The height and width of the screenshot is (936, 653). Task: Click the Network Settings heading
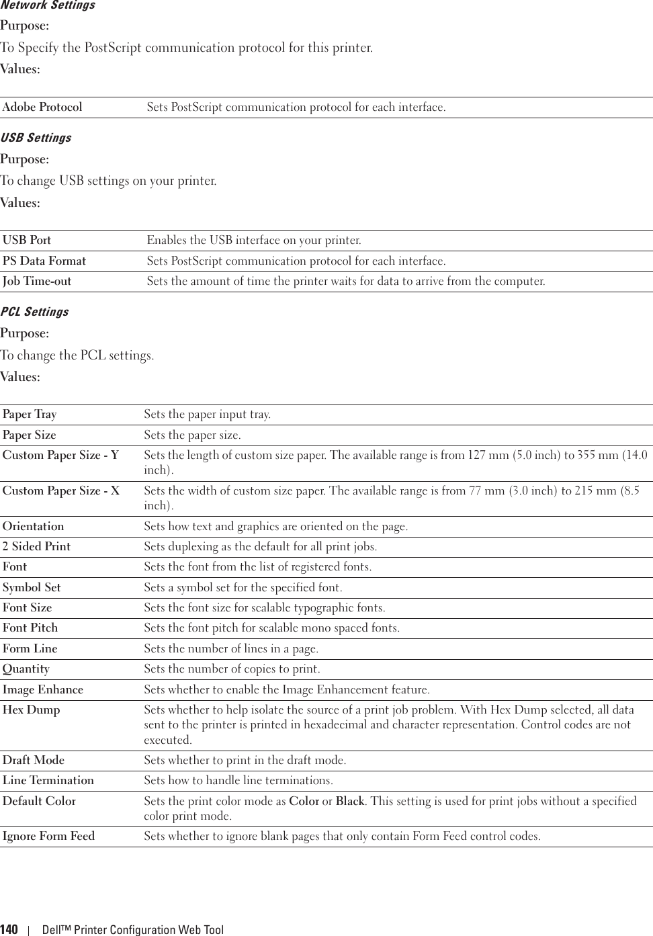pos(47,5)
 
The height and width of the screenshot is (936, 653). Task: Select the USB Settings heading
pos(36,138)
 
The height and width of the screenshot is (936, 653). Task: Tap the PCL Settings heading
pos(34,312)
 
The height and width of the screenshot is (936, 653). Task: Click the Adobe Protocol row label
pos(42,108)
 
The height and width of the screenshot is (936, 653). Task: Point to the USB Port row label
pos(27,241)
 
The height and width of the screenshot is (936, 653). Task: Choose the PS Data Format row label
pos(44,261)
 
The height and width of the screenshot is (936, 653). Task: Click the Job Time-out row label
pos(37,282)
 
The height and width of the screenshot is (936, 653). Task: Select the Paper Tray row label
pos(30,415)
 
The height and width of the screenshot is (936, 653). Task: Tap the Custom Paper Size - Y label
pos(60,456)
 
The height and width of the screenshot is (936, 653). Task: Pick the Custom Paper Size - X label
pos(61,491)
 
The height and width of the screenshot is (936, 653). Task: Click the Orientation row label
pos(34,527)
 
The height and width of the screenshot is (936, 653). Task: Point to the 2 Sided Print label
pos(36,547)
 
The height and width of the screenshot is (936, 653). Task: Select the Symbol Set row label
pos(32,588)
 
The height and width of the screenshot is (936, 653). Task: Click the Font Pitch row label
pos(30,628)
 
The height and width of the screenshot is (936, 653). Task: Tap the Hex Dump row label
pos(31,710)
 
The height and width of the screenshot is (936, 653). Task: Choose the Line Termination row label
pos(48,781)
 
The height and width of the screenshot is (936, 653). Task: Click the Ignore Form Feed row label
pos(48,837)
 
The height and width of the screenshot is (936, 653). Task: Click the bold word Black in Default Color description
pos(350,801)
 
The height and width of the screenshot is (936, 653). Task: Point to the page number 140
pos(9,930)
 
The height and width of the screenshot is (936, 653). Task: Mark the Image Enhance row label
pos(43,690)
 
